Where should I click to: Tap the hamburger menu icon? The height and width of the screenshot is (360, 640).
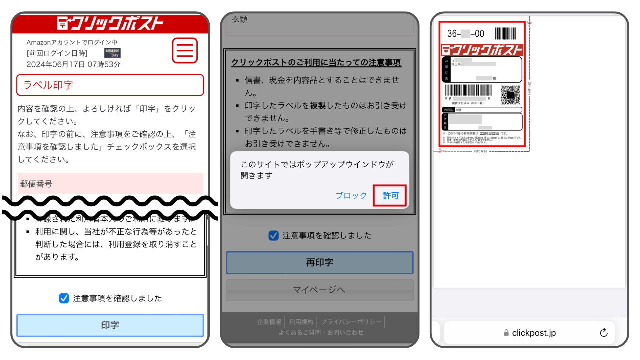pyautogui.click(x=185, y=50)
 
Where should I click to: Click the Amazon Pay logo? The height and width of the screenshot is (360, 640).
pyautogui.click(x=112, y=53)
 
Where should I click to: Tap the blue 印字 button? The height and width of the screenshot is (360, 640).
pyautogui.click(x=110, y=325)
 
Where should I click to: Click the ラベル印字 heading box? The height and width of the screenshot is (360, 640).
pyautogui.click(x=110, y=85)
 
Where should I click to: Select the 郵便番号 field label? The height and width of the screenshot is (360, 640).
pyautogui.click(x=36, y=184)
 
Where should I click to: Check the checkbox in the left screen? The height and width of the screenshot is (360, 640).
pyautogui.click(x=64, y=298)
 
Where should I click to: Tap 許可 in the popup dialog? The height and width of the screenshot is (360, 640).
pyautogui.click(x=390, y=196)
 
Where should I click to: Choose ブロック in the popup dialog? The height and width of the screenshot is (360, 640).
pyautogui.click(x=351, y=196)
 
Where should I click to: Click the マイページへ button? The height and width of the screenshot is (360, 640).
pyautogui.click(x=319, y=290)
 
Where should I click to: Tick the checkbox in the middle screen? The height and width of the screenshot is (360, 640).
pyautogui.click(x=273, y=235)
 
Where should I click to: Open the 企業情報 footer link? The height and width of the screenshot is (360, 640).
pyautogui.click(x=269, y=322)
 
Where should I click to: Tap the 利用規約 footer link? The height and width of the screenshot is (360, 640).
pyautogui.click(x=301, y=322)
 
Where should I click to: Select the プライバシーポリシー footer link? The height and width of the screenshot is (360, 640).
pyautogui.click(x=351, y=322)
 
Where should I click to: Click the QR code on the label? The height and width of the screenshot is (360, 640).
pyautogui.click(x=510, y=95)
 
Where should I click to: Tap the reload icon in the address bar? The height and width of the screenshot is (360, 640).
pyautogui.click(x=603, y=333)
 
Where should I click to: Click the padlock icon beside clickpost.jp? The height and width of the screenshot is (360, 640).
pyautogui.click(x=506, y=333)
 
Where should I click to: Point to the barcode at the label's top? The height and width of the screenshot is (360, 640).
pyautogui.click(x=505, y=34)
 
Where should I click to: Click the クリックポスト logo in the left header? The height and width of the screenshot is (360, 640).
pyautogui.click(x=110, y=23)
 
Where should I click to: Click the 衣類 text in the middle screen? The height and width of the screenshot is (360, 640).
pyautogui.click(x=240, y=19)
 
